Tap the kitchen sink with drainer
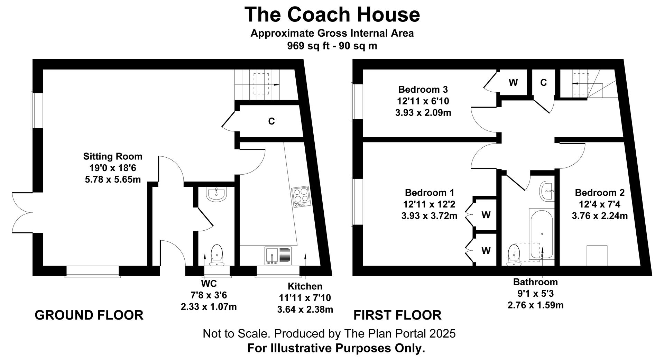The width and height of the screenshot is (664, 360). click(x=278, y=256)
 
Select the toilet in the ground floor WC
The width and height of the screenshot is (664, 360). click(x=217, y=255)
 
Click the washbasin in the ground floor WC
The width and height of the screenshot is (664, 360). click(x=216, y=194)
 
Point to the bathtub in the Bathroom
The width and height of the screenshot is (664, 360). click(x=542, y=234)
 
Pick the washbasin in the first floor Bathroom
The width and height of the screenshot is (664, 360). click(x=547, y=190)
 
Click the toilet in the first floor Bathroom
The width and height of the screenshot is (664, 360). click(x=514, y=256)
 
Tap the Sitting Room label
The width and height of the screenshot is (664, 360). click(x=113, y=157)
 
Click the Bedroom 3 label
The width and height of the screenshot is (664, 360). click(x=423, y=90)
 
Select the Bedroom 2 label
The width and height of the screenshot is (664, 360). click(x=600, y=193)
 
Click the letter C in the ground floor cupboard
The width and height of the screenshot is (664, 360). click(x=271, y=121)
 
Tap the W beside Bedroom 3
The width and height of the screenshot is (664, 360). click(x=513, y=82)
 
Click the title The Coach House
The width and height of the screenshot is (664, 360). click(x=332, y=15)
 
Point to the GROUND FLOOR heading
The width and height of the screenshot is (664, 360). click(x=89, y=315)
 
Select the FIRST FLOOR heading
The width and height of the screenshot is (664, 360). click(x=397, y=315)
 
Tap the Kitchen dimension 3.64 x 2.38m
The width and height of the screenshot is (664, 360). click(x=305, y=309)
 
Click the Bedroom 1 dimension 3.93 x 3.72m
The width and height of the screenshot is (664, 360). click(x=429, y=216)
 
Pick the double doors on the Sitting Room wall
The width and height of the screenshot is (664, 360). click(x=23, y=212)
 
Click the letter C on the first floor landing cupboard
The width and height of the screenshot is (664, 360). click(x=543, y=82)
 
